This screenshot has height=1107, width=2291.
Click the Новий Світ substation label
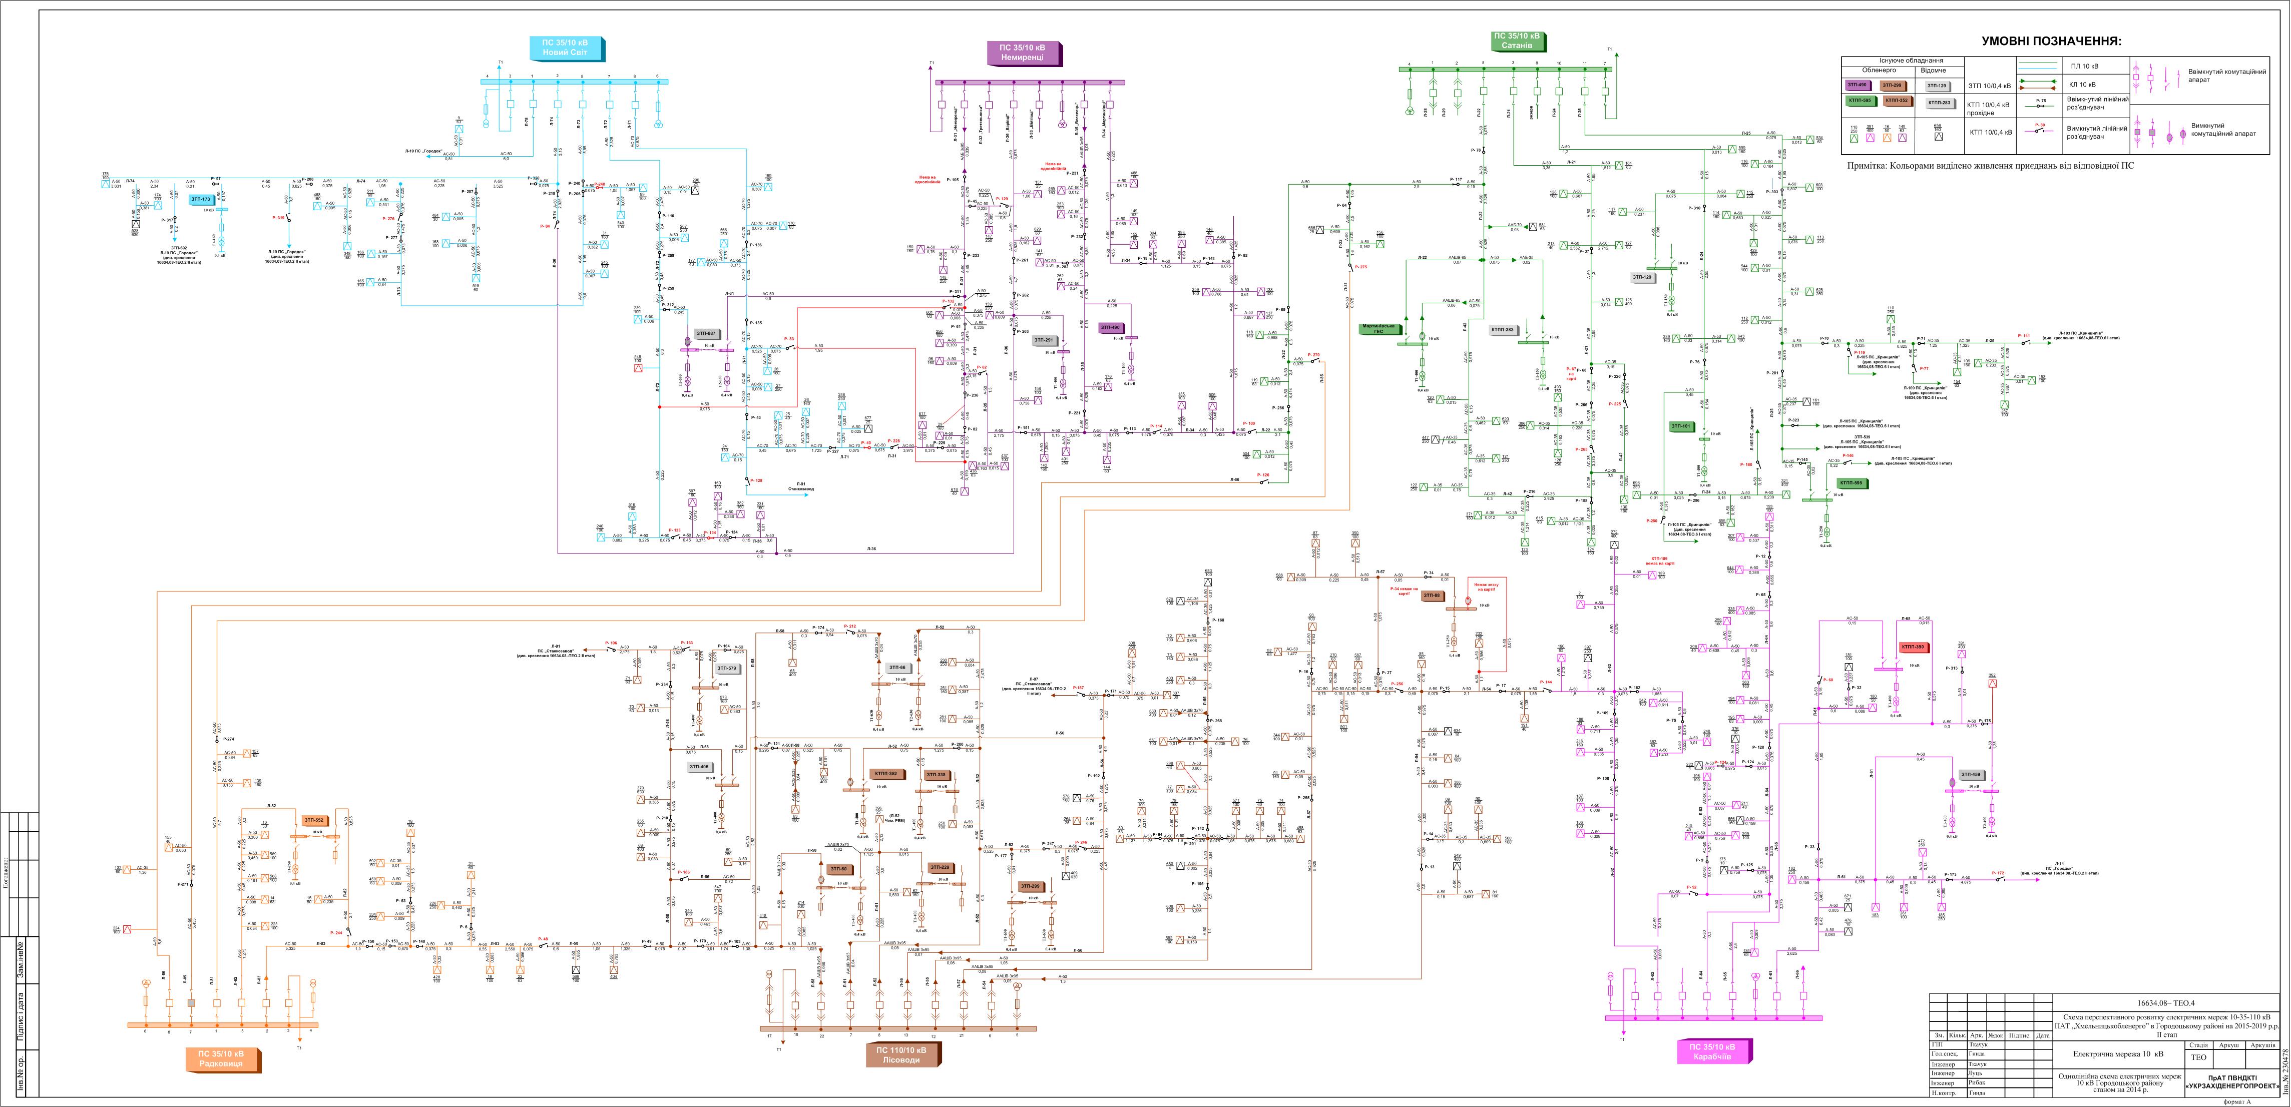566,48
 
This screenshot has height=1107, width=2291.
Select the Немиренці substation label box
1023,53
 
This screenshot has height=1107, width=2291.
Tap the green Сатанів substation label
1517,41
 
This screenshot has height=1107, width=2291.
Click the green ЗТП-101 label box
1680,427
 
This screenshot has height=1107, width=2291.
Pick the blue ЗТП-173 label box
200,199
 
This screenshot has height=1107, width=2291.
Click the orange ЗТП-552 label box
314,820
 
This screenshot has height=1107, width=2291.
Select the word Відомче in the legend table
1934,70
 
